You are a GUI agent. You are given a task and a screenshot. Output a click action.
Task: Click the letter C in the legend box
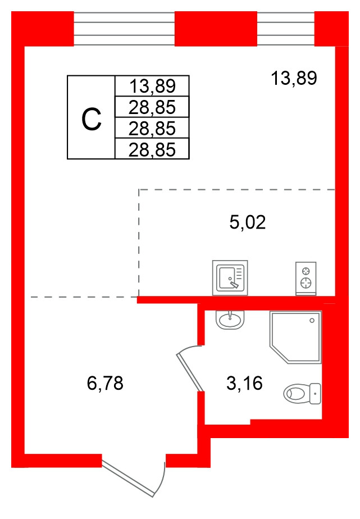(x=92, y=120)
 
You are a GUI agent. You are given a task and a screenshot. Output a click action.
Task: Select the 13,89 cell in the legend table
(x=152, y=86)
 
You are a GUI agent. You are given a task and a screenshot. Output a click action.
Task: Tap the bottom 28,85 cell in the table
(x=152, y=149)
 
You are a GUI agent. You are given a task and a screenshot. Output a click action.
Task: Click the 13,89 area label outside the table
(x=294, y=79)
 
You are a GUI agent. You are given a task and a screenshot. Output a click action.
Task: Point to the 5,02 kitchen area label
(x=248, y=222)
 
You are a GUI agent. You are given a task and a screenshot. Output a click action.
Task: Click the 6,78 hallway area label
(x=105, y=383)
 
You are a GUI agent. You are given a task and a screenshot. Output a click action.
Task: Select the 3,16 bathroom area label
(x=244, y=383)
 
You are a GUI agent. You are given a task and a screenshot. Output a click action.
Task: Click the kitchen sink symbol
(x=230, y=277)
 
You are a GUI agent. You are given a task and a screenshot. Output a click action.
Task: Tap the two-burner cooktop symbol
(x=306, y=279)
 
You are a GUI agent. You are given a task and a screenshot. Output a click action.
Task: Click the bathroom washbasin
(x=230, y=320)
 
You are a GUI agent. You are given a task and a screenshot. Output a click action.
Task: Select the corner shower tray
(x=295, y=337)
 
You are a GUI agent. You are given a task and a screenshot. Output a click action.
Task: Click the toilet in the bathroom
(x=302, y=393)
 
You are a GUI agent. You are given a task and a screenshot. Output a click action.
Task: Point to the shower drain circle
(x=312, y=320)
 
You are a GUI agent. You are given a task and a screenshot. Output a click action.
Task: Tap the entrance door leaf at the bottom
(x=129, y=477)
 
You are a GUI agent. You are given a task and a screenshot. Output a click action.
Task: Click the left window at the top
(x=124, y=29)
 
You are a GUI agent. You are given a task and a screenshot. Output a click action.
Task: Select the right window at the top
(x=285, y=29)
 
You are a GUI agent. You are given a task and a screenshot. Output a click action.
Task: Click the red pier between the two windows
(x=216, y=29)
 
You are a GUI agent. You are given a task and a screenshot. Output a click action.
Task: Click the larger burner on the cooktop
(x=306, y=283)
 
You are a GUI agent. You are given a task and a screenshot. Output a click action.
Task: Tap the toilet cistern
(x=316, y=394)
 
